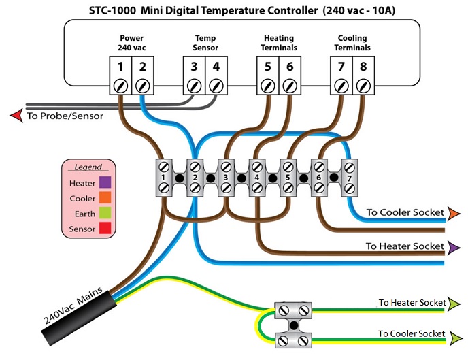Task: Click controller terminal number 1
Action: point(120,67)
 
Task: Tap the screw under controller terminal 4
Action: point(216,86)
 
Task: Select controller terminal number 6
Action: point(290,67)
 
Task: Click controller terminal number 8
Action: point(363,67)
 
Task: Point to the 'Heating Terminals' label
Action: point(279,43)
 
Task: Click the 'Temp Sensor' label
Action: point(205,43)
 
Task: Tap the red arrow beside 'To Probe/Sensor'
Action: point(16,116)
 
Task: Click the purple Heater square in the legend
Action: point(105,182)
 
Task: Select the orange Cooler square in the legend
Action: point(105,197)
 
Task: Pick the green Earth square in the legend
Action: point(105,213)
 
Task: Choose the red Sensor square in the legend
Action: point(105,228)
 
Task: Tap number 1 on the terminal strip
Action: point(163,178)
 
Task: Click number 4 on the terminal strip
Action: point(256,178)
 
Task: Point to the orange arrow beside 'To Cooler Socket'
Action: point(454,212)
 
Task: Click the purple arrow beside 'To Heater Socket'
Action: point(454,248)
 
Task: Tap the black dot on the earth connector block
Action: point(294,325)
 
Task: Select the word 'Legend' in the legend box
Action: point(88,167)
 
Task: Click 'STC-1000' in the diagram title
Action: point(112,11)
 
